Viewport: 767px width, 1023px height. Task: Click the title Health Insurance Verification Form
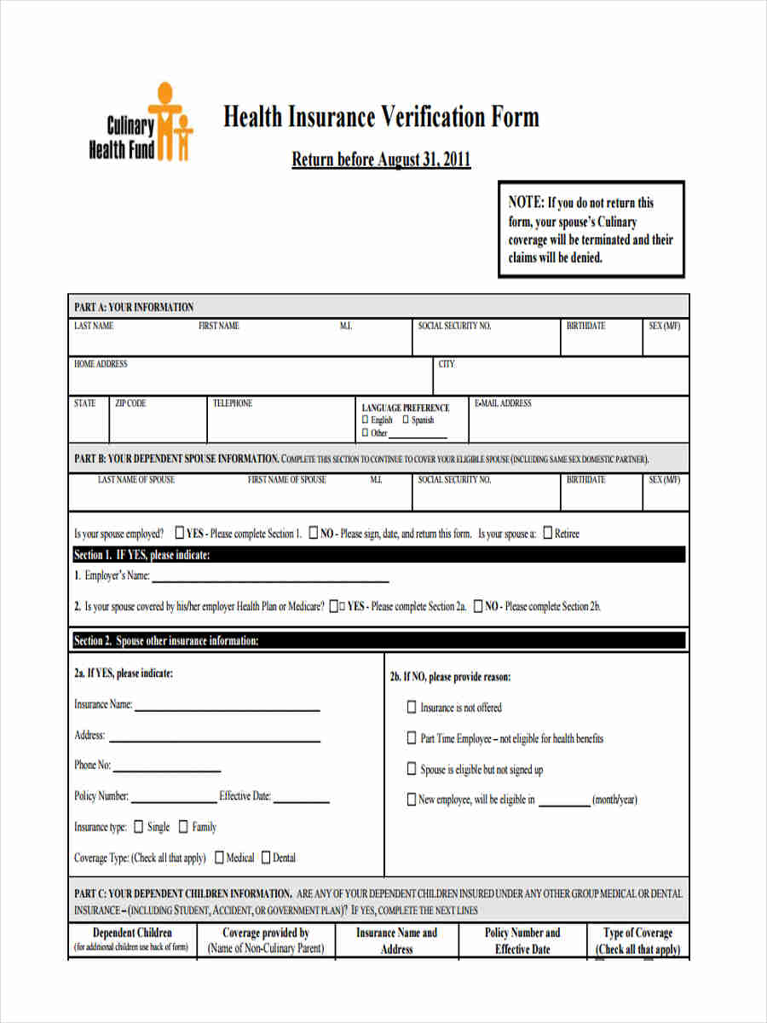(x=381, y=117)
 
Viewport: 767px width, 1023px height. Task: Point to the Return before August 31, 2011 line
(x=381, y=159)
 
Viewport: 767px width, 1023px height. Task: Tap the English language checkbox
(x=366, y=419)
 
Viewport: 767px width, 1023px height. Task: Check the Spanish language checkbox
(x=407, y=419)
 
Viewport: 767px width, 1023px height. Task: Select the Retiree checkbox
(x=547, y=534)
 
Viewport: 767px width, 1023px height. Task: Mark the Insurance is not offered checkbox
(x=412, y=708)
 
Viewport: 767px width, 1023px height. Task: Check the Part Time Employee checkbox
(x=412, y=738)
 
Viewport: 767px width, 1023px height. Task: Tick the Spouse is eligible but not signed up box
(x=412, y=769)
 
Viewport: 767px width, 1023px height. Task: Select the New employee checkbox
(x=412, y=800)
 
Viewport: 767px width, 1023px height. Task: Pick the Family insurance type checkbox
(x=183, y=827)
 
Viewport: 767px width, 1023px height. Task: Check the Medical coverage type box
(x=219, y=858)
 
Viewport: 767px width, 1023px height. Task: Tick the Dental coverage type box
(x=266, y=858)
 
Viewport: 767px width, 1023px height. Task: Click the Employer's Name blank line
(x=270, y=580)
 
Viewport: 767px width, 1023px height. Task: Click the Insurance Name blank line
(x=228, y=708)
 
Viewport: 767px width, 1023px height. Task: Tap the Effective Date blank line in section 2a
(x=301, y=800)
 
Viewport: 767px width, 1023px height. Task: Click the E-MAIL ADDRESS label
(x=503, y=403)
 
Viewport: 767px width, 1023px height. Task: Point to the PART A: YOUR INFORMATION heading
(x=134, y=307)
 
